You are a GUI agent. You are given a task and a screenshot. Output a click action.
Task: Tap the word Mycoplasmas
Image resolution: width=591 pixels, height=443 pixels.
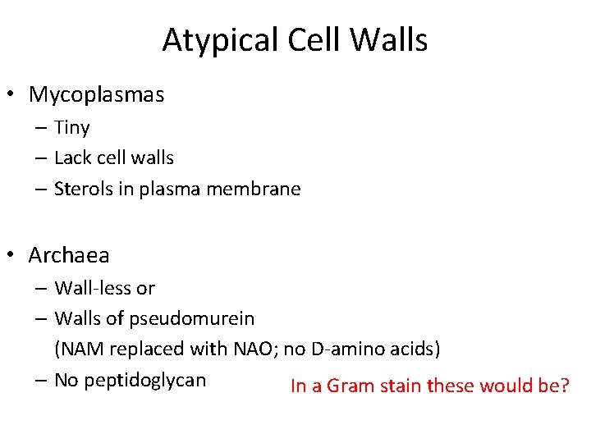point(97,95)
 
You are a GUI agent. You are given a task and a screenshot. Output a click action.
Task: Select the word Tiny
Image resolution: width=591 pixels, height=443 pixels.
point(72,128)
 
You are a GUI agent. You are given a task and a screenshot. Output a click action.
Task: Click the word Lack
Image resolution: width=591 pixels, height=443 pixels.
point(71,158)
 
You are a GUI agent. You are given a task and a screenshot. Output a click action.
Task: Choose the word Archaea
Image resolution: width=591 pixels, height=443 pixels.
point(69,256)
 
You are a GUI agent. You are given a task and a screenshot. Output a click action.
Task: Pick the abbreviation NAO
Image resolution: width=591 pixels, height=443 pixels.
point(255,349)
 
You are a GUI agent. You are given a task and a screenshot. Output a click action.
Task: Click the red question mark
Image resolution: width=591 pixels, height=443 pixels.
point(564,386)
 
